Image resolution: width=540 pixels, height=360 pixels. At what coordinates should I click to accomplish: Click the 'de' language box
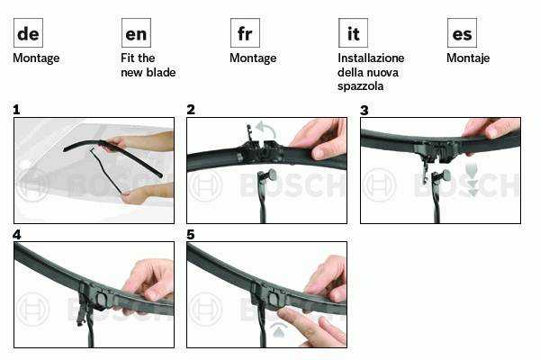click(28, 33)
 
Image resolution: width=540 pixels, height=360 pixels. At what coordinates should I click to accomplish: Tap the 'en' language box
click(136, 33)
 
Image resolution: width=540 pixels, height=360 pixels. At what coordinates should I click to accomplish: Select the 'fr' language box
click(245, 33)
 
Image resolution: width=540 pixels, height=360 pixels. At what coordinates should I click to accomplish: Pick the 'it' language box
click(353, 33)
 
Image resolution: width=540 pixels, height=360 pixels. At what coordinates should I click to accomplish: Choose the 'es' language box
click(462, 33)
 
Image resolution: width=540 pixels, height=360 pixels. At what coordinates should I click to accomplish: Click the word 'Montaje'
click(468, 58)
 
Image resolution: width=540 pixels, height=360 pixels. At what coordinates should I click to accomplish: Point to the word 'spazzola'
click(360, 86)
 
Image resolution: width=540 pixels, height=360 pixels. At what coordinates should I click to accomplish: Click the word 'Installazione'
click(371, 58)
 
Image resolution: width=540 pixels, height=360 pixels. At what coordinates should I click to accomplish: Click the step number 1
click(16, 110)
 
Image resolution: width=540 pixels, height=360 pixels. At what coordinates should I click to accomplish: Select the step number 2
click(191, 110)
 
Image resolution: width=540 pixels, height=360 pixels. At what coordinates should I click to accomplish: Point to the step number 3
click(364, 110)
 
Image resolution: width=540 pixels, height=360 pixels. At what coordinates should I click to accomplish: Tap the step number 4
click(16, 235)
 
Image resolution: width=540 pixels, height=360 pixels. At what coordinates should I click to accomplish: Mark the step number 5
click(191, 235)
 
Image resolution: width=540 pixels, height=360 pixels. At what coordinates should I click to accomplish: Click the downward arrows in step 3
click(472, 180)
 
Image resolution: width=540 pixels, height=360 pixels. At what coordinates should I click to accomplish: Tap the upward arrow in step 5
click(278, 330)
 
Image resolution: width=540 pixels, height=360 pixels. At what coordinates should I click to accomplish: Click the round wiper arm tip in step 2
click(272, 175)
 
